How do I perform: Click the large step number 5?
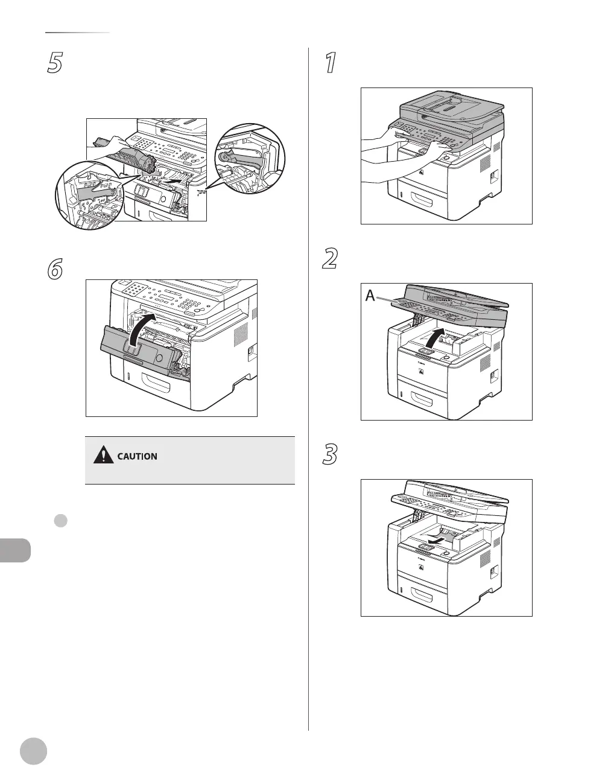click(x=55, y=63)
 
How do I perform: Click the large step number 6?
click(x=55, y=270)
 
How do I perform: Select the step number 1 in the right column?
click(x=330, y=63)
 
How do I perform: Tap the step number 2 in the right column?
click(x=330, y=259)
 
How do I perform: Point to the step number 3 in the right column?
click(x=330, y=455)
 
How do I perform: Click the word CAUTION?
click(x=137, y=456)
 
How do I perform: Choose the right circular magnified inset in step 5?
click(x=249, y=159)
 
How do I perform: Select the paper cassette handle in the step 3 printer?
click(x=426, y=597)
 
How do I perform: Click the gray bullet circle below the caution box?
click(x=60, y=521)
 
